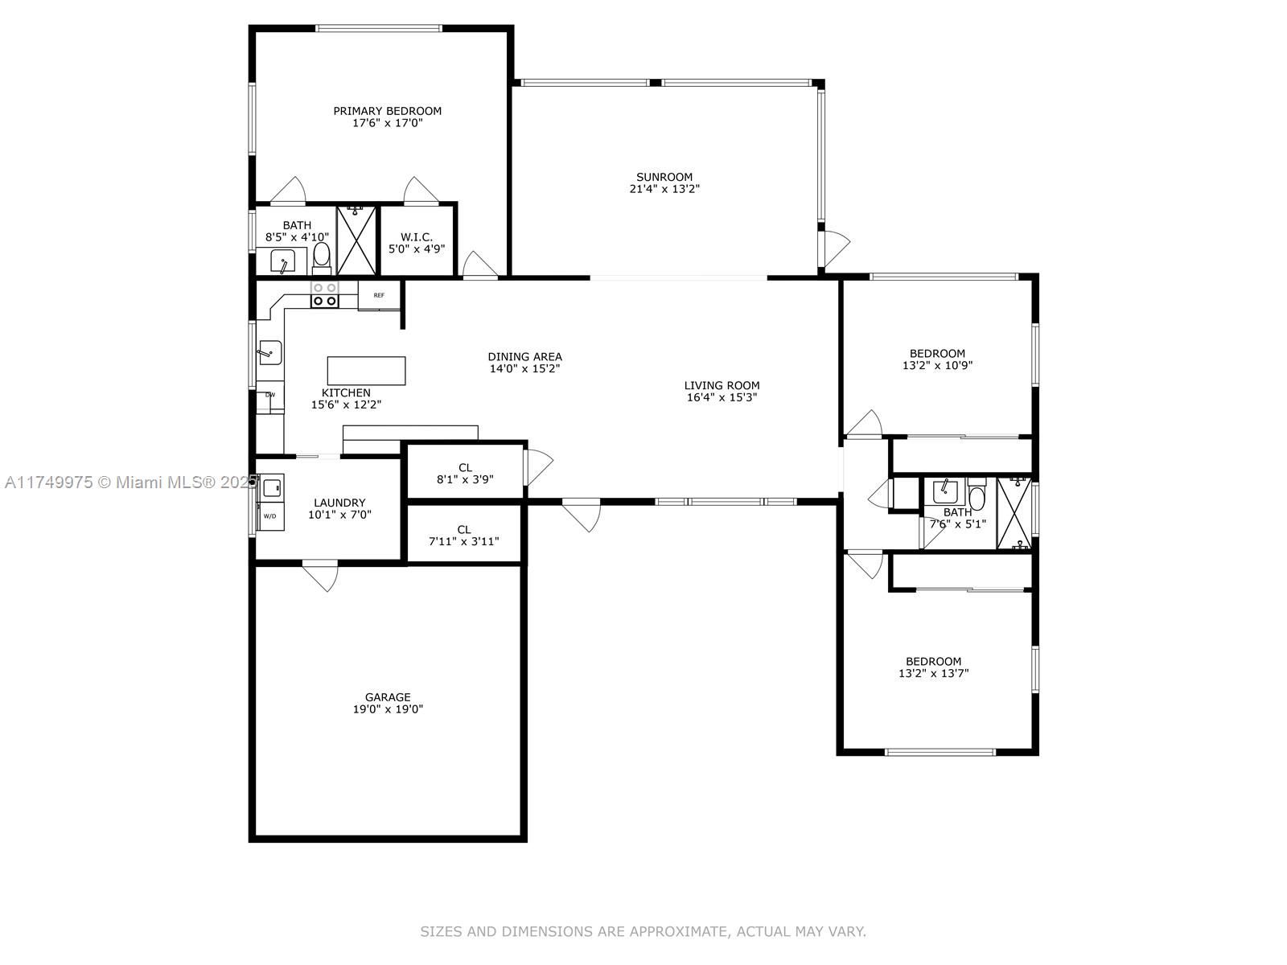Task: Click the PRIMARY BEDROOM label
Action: [x=387, y=111]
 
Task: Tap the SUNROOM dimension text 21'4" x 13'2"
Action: [x=664, y=189]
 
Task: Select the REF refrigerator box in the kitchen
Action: [x=380, y=295]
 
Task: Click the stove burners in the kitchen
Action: [x=325, y=294]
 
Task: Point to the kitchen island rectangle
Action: [x=367, y=370]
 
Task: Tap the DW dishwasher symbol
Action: [x=270, y=395]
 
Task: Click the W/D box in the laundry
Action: [x=270, y=516]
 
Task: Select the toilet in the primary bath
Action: [x=321, y=258]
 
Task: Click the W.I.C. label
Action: [x=417, y=236]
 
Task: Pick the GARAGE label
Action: [x=388, y=696]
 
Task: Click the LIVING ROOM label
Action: [x=722, y=385]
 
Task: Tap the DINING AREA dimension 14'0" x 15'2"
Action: [x=524, y=368]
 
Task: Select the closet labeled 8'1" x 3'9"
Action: [x=465, y=471]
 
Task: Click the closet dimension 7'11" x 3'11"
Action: [x=464, y=541]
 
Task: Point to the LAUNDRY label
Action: [x=339, y=502]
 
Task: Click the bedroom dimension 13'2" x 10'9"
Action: [x=937, y=365]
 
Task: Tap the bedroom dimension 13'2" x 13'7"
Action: [x=933, y=673]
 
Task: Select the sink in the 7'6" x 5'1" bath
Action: [x=944, y=491]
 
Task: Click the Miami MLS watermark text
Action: [x=131, y=482]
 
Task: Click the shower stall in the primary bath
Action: [x=356, y=240]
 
